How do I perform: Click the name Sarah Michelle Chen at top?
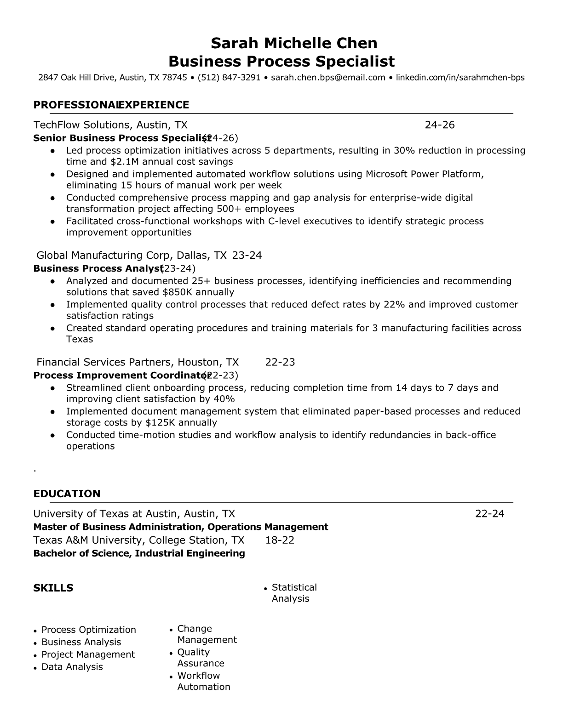[294, 43]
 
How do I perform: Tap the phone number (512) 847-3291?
[229, 78]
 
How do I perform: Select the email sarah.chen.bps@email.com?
[328, 78]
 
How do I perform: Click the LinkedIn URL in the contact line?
[460, 78]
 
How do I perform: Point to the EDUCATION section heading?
[67, 494]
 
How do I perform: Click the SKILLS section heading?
[53, 588]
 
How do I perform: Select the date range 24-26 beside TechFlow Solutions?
[440, 125]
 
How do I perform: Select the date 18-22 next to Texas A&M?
[280, 540]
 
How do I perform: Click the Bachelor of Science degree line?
[139, 553]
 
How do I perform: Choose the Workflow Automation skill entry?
[203, 681]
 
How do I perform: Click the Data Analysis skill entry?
[72, 667]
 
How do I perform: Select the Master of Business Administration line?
[180, 527]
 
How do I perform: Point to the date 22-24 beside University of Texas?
[489, 514]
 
